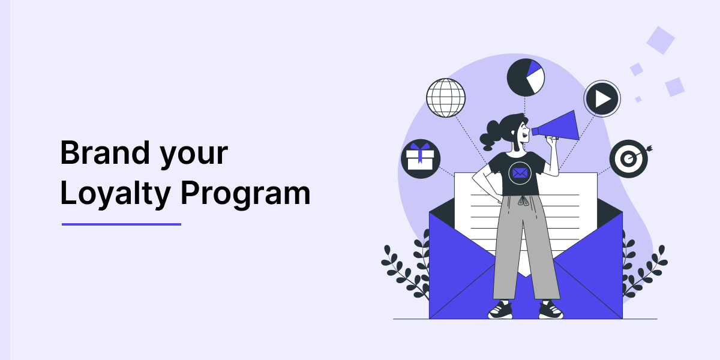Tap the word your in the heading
[194, 157]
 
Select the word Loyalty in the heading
[115, 193]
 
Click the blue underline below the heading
[121, 224]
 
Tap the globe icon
[446, 98]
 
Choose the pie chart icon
[526, 77]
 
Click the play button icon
[602, 98]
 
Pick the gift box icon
[421, 159]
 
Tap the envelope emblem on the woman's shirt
[520, 173]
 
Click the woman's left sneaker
[500, 310]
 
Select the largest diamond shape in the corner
[661, 41]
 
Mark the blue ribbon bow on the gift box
[420, 148]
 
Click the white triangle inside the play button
[602, 98]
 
